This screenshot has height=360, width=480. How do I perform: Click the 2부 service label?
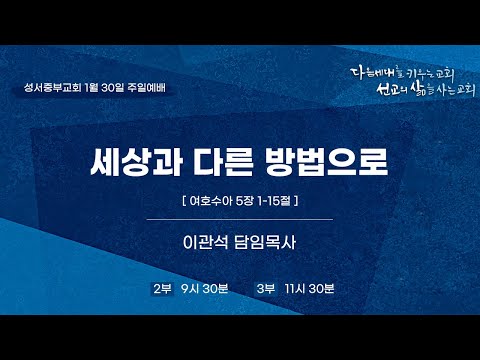(x=162, y=289)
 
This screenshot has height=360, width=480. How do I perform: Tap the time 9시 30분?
(x=205, y=289)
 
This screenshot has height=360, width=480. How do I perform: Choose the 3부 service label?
(x=265, y=289)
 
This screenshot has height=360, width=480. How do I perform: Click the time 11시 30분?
(x=310, y=289)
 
